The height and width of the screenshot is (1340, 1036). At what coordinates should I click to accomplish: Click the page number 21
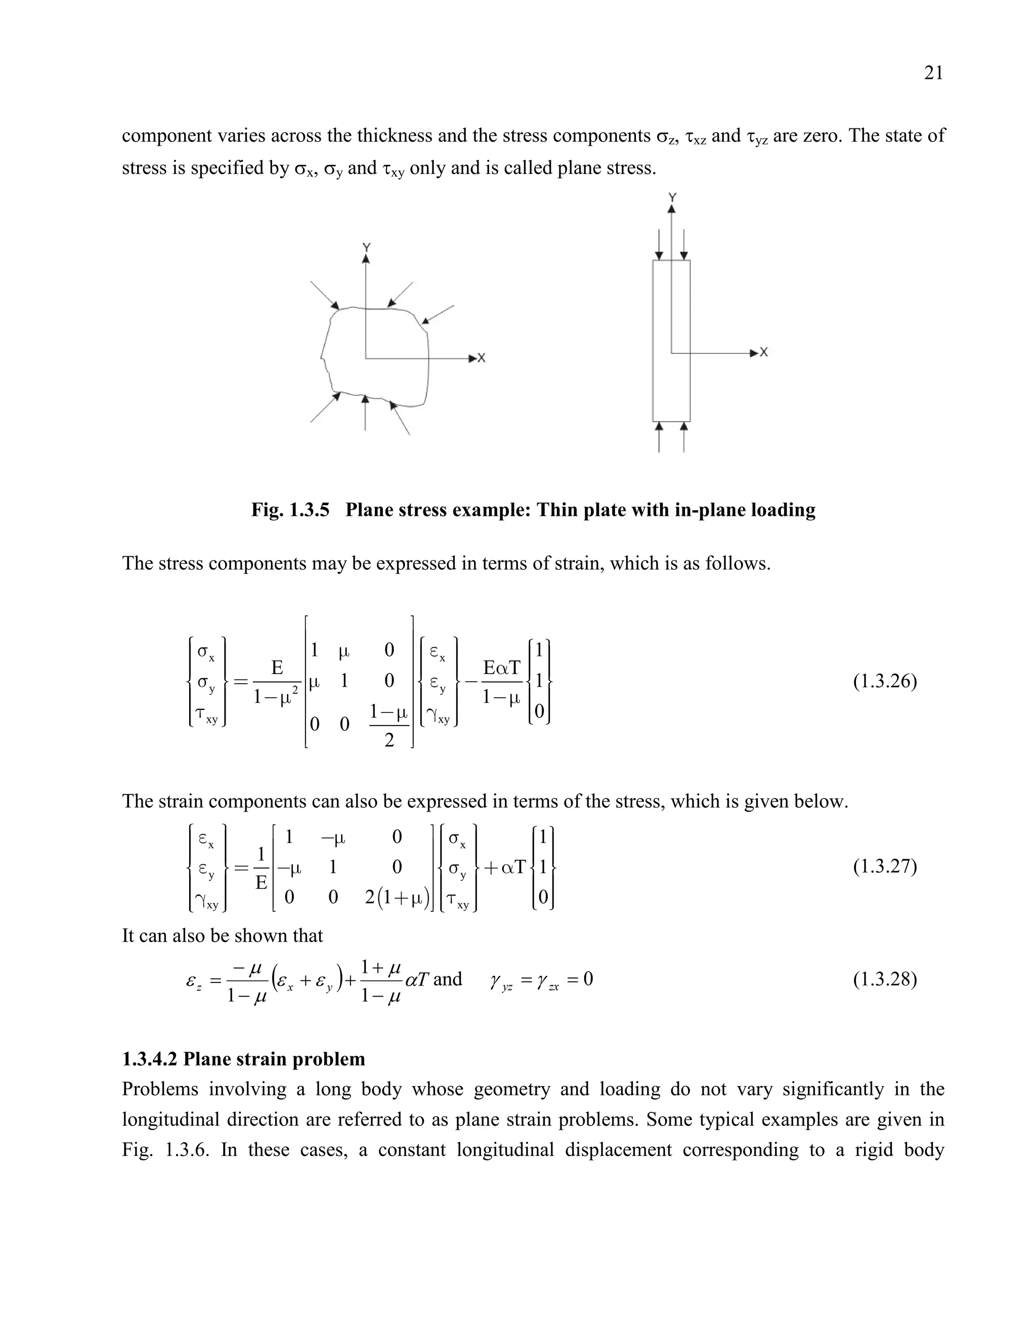point(933,73)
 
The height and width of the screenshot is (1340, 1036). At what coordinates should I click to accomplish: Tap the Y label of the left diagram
point(366,247)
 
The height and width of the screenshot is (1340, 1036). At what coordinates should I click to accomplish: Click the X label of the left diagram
point(482,358)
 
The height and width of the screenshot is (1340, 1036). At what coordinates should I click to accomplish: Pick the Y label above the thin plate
point(672,198)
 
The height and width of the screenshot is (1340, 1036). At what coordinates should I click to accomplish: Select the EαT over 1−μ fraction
point(501,682)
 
